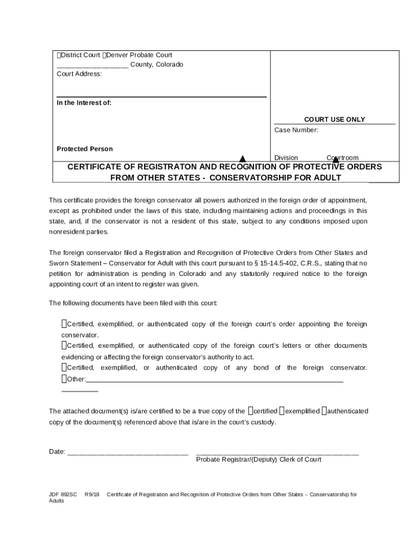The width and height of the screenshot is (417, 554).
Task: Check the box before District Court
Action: tap(58, 55)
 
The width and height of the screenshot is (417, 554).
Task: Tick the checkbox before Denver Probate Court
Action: tap(105, 55)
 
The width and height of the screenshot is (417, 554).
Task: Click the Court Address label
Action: tap(79, 74)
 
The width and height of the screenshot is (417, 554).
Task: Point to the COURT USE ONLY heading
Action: tap(334, 120)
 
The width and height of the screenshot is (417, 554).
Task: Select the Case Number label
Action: tap(296, 130)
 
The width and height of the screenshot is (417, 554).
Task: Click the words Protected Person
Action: tap(84, 149)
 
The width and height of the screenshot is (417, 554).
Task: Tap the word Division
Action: tap(286, 158)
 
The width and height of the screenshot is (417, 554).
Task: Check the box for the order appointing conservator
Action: tap(64, 324)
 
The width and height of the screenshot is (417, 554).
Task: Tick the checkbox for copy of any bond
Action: tap(64, 368)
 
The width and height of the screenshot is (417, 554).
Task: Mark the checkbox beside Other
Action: tap(64, 379)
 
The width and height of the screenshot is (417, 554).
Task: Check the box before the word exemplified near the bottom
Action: tap(282, 411)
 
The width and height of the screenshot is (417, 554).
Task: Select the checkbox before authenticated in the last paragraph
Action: tap(324, 411)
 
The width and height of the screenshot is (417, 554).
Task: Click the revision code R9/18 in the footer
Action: tap(92, 494)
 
